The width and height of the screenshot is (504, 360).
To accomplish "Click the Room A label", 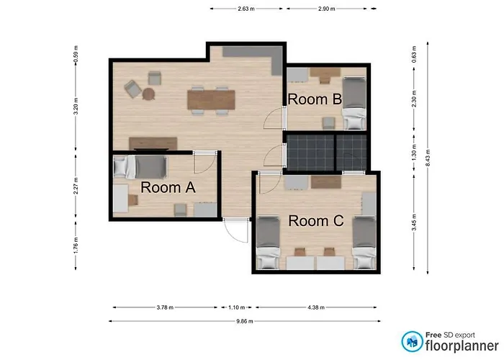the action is click(168, 187).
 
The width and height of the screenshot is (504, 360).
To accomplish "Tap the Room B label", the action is click(315, 99).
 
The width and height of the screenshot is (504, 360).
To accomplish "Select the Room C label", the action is click(316, 221).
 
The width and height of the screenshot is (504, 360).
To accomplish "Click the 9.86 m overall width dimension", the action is click(245, 321).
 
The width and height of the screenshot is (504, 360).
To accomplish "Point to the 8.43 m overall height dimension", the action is click(428, 158).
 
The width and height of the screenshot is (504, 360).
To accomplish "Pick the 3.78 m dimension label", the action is click(165, 307).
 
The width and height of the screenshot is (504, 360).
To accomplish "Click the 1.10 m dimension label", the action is click(237, 307).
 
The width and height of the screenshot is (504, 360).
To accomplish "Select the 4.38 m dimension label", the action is click(316, 307).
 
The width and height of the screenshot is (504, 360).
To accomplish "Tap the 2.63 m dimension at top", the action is click(246, 9).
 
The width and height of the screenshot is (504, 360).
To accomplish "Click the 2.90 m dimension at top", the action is click(327, 9).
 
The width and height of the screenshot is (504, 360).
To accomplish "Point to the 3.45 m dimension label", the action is click(414, 222).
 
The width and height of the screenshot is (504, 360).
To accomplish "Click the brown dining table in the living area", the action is click(211, 100).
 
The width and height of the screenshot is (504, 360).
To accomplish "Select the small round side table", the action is click(148, 94).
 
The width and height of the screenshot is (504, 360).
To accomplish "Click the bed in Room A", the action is click(140, 167).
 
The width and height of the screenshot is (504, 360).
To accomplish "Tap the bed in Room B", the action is click(354, 103).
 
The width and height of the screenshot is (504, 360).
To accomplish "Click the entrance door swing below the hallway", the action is click(236, 230).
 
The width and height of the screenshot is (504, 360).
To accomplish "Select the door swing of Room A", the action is click(204, 162).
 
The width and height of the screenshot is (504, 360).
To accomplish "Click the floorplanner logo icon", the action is click(412, 341).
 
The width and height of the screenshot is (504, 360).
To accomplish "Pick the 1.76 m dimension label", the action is click(76, 246).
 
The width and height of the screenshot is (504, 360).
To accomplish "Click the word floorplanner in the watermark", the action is click(462, 346).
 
